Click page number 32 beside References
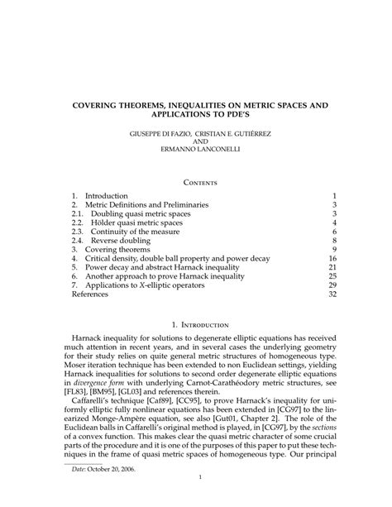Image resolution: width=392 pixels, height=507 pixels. pyautogui.click(x=332, y=294)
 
